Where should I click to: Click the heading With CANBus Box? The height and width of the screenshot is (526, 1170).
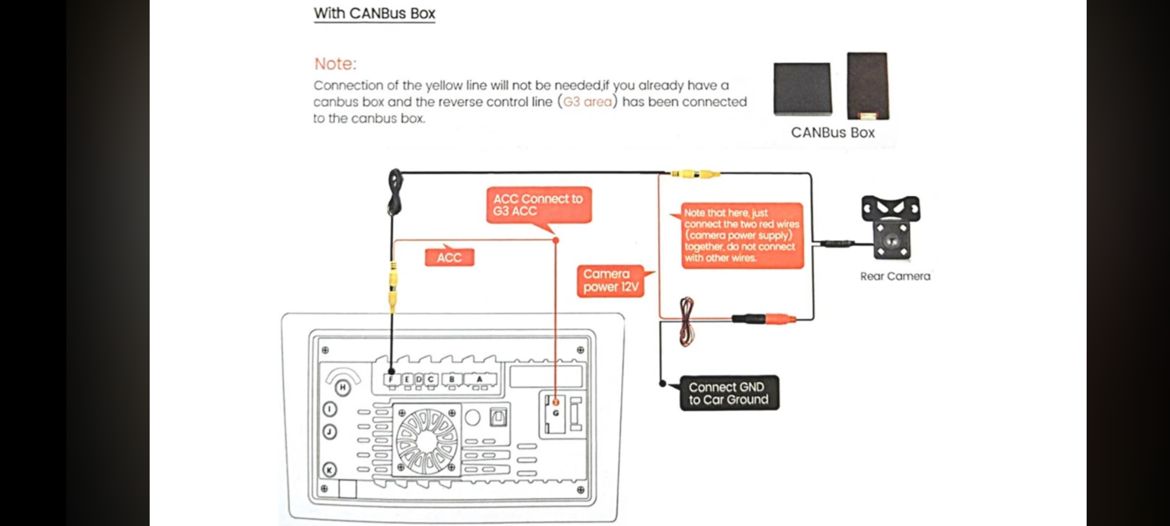[x=374, y=13]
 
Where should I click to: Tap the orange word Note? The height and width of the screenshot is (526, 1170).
[x=335, y=64]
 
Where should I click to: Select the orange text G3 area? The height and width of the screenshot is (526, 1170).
[x=587, y=102]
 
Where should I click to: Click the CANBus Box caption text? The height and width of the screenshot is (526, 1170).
[x=833, y=132]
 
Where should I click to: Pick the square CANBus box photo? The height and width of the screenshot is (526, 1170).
[x=802, y=89]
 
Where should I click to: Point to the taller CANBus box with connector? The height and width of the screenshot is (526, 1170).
[x=868, y=86]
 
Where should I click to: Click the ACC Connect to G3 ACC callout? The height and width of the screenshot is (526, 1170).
[x=539, y=205]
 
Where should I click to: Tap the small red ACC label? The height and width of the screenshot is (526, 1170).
[x=449, y=257]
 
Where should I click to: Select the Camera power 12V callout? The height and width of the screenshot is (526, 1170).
[x=610, y=281]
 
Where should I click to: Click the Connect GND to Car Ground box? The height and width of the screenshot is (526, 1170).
[x=729, y=393]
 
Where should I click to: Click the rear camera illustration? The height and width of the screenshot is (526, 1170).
[x=891, y=227]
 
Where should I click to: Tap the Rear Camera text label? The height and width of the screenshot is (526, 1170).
[x=895, y=276]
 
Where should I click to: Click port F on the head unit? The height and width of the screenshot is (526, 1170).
[x=391, y=379]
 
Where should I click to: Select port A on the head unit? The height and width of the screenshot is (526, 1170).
[x=480, y=379]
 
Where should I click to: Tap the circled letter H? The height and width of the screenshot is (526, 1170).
[x=343, y=388]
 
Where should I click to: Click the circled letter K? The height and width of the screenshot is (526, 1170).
[x=330, y=470]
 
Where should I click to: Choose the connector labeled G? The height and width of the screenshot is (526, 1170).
[x=556, y=413]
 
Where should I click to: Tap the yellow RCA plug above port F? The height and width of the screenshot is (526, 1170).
[x=392, y=287]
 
